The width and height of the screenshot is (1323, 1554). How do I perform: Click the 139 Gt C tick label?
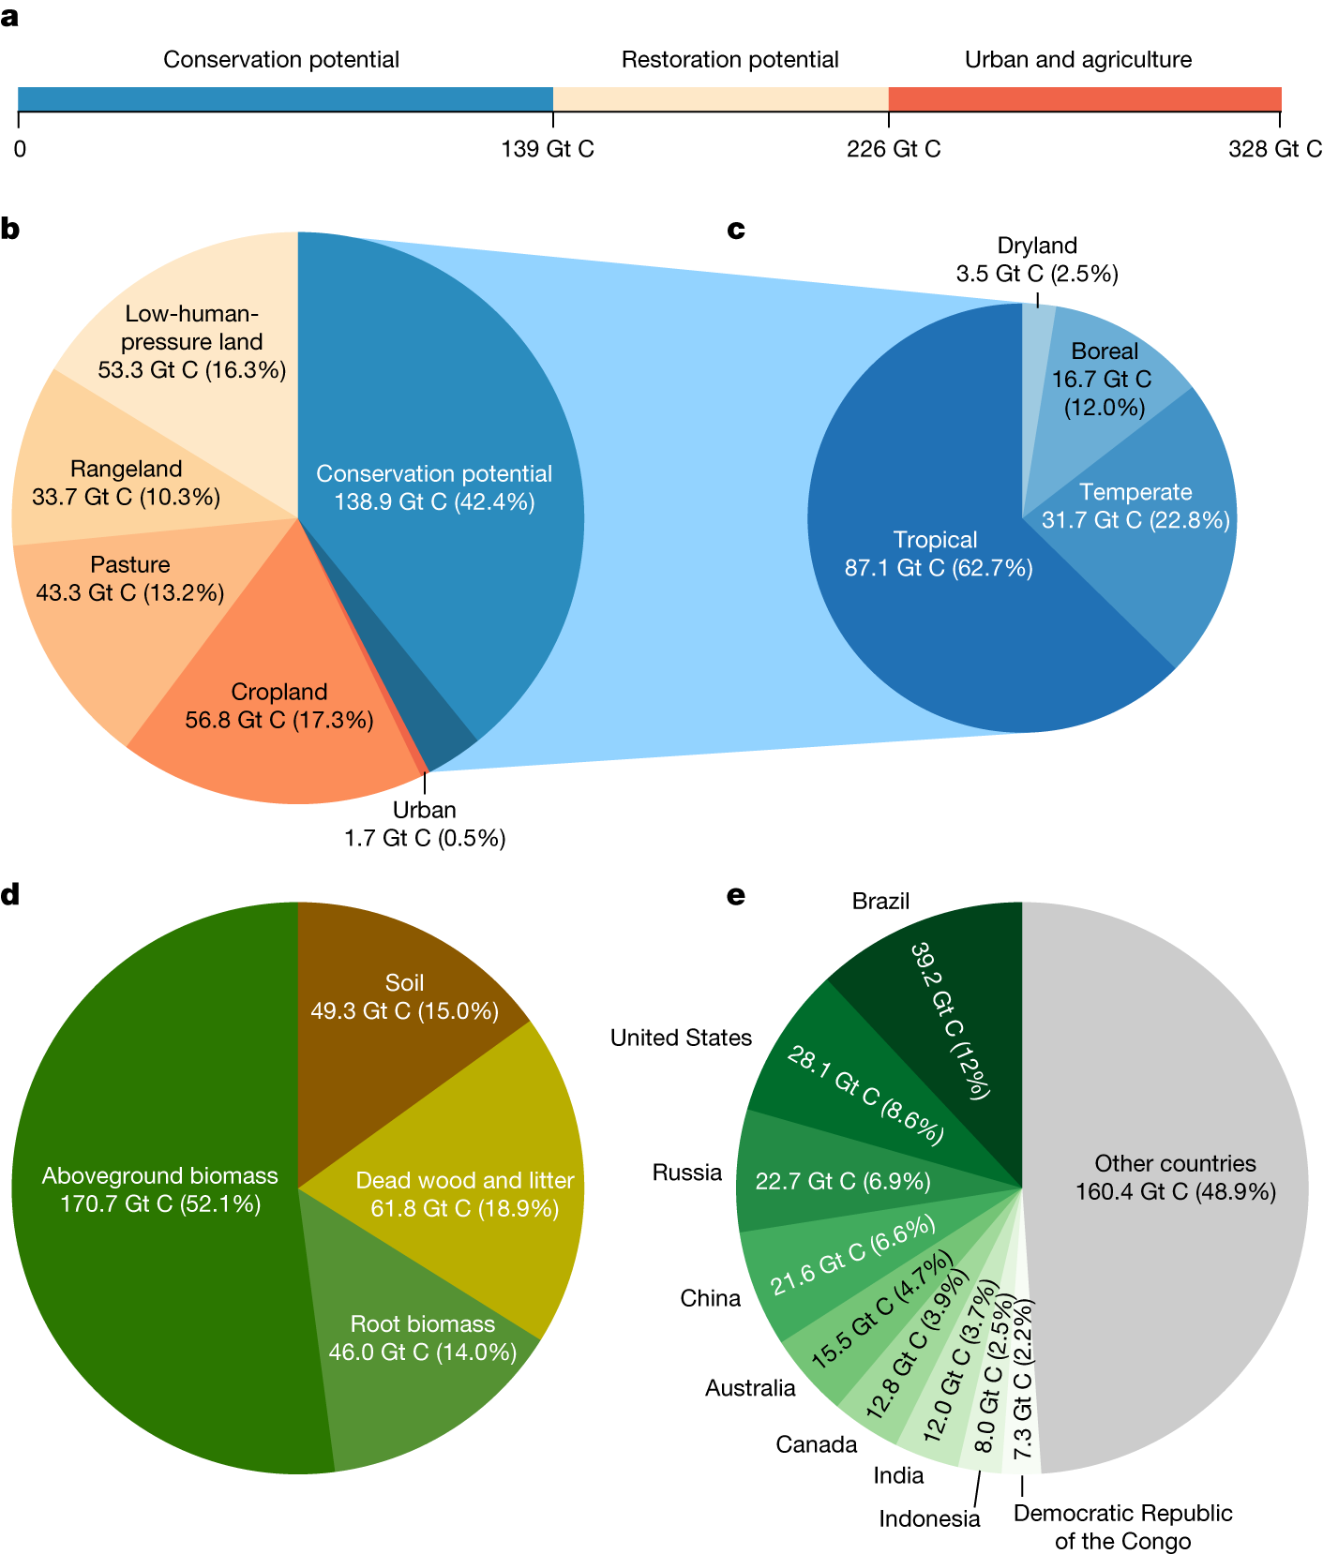548,149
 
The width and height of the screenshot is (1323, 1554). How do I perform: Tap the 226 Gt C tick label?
893,149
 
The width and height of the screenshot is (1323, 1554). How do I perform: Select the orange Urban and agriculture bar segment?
1084,98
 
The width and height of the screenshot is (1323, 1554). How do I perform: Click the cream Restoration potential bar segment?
720,98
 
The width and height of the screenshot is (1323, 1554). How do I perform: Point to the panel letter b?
10,229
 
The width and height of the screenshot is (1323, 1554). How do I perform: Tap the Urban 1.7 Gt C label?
425,824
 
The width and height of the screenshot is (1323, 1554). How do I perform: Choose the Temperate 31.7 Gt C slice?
1153,525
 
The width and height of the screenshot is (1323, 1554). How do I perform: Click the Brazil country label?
880,901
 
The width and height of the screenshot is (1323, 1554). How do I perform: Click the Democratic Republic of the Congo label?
1122,1526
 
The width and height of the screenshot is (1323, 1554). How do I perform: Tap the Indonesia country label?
929,1518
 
